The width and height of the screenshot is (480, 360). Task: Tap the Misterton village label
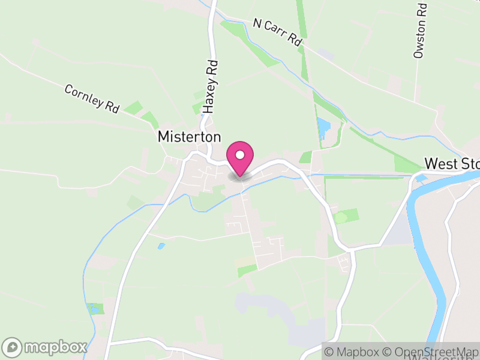pos(189,137)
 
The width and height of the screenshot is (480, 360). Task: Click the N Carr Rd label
pos(277,32)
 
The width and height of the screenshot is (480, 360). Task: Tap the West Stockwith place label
pos(452,164)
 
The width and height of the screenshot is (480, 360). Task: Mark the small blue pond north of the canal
pos(324,126)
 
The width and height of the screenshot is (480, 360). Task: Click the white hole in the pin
pos(240,155)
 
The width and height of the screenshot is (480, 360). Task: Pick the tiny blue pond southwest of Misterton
pos(161,246)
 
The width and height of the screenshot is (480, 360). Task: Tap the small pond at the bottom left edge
pos(94,309)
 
